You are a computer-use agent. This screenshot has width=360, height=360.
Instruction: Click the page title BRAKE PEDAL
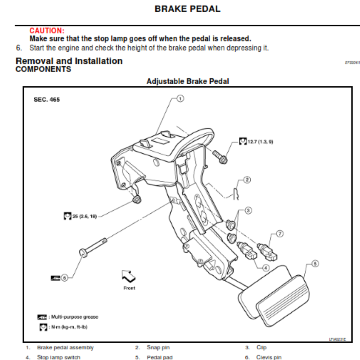[x=187, y=9]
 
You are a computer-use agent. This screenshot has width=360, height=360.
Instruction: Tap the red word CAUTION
[x=47, y=31]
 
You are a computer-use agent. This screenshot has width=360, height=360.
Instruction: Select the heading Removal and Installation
[x=69, y=61]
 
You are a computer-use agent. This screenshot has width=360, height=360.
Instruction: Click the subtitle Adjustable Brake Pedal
[x=188, y=81]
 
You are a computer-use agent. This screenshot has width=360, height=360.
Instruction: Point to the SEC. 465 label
[x=47, y=99]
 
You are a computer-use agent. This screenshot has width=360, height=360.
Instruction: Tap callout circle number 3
[x=248, y=210]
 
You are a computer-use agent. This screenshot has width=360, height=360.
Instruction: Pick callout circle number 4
[x=266, y=267]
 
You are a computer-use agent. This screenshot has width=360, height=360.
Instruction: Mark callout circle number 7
[x=279, y=234]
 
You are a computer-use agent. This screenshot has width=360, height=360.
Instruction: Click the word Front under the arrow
[x=129, y=288]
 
